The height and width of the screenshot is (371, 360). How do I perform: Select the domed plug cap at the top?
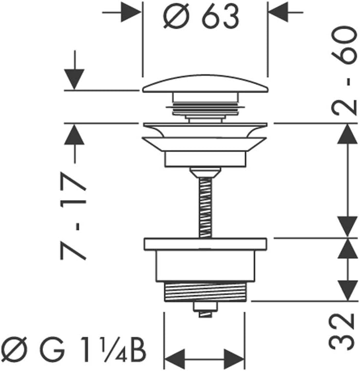pos(205,86)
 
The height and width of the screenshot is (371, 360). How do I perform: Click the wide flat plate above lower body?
pos(205,244)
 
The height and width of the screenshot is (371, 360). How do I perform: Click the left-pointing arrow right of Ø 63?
pos(281,11)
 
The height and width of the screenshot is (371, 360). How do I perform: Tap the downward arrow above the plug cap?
pos(74,78)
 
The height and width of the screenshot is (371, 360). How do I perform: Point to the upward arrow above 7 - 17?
pos(74,136)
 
